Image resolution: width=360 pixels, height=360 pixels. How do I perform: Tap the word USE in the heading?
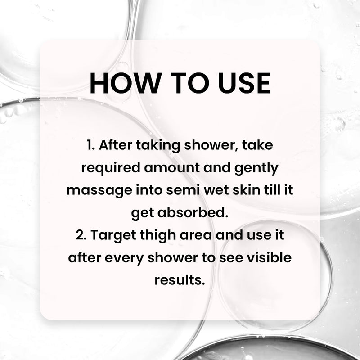pyautogui.click(x=244, y=83)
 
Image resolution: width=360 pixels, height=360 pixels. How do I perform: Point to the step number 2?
pyautogui.click(x=81, y=235)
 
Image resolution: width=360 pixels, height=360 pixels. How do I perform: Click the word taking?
pyautogui.click(x=158, y=146)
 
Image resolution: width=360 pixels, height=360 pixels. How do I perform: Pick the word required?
pyautogui.click(x=111, y=168)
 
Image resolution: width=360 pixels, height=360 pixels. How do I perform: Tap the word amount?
pyautogui.click(x=172, y=168)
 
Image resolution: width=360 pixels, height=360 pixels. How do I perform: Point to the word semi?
pyautogui.click(x=183, y=190)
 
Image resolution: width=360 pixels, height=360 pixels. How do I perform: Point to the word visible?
pyautogui.click(x=269, y=258)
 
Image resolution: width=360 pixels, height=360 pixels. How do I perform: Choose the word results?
pyautogui.click(x=180, y=280)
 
